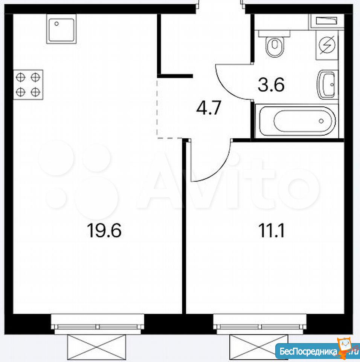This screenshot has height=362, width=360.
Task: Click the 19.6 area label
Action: (104, 230)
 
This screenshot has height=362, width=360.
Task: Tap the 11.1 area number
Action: (272, 230)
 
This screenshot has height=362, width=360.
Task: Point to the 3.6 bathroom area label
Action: (271, 84)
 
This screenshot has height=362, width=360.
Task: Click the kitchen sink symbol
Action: (61, 29)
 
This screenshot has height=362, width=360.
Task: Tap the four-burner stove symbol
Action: (28, 85)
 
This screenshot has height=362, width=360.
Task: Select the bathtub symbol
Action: (297, 121)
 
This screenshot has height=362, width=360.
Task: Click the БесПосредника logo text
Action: (308, 351)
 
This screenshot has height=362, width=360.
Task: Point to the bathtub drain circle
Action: (321, 121)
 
